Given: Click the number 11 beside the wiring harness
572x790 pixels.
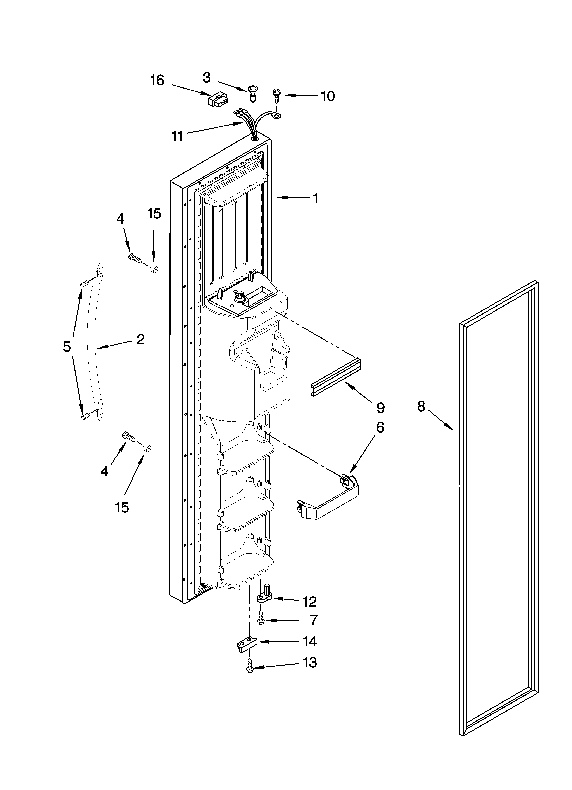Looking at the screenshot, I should tap(178, 136).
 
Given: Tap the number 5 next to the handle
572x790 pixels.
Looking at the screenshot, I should tap(67, 347).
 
